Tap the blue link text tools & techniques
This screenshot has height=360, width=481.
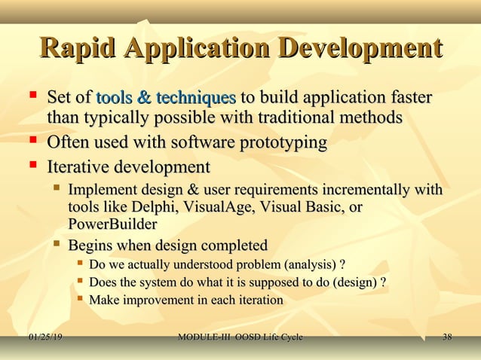tap(166, 98)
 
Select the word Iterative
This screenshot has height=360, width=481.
tap(82, 166)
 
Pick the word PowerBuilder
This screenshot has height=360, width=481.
tap(112, 224)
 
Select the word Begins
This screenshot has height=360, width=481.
tap(93, 246)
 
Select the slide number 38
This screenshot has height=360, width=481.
tap(447, 337)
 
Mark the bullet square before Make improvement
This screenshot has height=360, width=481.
tap(79, 300)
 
